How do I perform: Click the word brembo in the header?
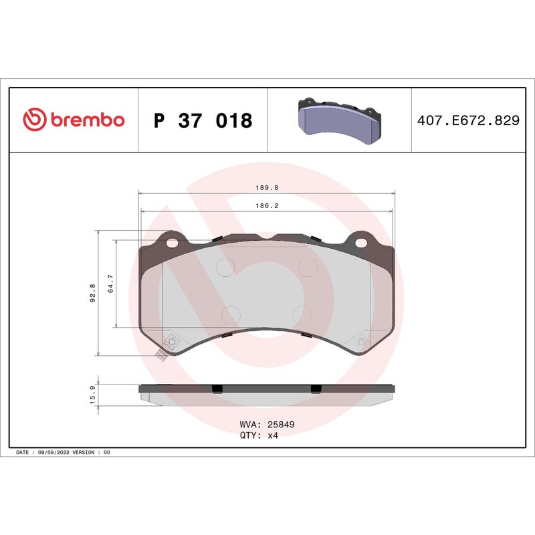(86, 120)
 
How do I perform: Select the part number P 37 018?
(203, 121)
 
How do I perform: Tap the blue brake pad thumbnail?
(339, 120)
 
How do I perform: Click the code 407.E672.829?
(468, 121)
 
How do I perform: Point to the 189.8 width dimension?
(266, 189)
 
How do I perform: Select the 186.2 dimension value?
(266, 206)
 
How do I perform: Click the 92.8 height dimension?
(92, 293)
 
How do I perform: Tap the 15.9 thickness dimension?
(92, 394)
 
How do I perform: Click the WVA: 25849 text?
(267, 424)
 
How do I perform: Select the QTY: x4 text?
(258, 435)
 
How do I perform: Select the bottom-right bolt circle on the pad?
(362, 343)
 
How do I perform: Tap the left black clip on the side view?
(216, 389)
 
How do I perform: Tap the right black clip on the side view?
(314, 389)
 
